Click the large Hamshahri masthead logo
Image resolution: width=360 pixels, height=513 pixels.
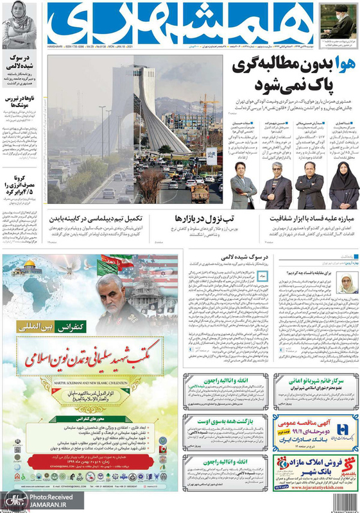(x=180, y=22)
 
